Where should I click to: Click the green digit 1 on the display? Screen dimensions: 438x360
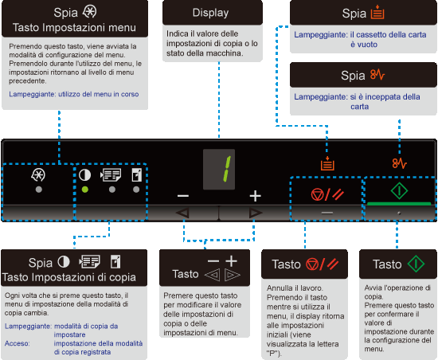[x=227, y=169]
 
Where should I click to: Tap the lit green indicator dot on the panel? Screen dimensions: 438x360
[x=85, y=190]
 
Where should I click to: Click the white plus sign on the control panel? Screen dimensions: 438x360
[x=256, y=196]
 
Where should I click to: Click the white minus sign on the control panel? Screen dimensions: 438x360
[x=183, y=196]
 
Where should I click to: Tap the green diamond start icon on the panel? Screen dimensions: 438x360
[x=399, y=191]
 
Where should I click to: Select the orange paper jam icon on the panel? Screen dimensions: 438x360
[x=400, y=163]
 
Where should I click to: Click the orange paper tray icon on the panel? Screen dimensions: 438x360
[x=327, y=163]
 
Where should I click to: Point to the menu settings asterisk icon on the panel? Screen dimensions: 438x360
[x=38, y=175]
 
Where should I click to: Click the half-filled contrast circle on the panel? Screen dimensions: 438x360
[x=84, y=175]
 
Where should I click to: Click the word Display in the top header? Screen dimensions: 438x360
[x=210, y=13]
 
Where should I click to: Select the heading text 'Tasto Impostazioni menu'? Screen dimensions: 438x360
[x=74, y=28]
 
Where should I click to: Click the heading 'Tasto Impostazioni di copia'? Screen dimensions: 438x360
[x=69, y=277]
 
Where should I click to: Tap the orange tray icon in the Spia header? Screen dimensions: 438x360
[x=377, y=12]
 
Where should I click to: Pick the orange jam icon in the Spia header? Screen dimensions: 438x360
[x=377, y=75]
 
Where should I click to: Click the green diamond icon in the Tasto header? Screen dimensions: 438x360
[x=416, y=264]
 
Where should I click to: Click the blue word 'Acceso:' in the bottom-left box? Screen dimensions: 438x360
[x=17, y=343]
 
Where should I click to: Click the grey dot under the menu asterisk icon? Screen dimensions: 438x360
[x=39, y=190]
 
